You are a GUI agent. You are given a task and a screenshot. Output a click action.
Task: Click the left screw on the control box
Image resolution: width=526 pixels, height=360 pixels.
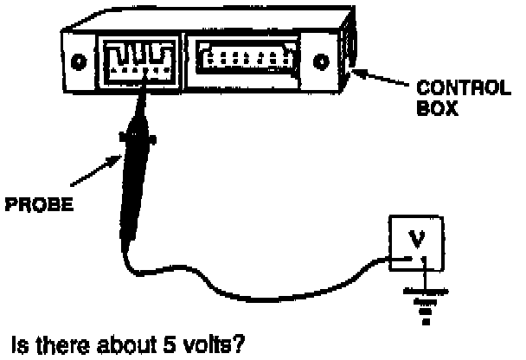click(79, 62)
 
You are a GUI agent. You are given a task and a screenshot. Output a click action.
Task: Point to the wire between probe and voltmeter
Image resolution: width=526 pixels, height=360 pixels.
click(260, 277)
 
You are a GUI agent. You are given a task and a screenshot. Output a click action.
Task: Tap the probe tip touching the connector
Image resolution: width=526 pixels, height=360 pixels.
click(143, 95)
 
